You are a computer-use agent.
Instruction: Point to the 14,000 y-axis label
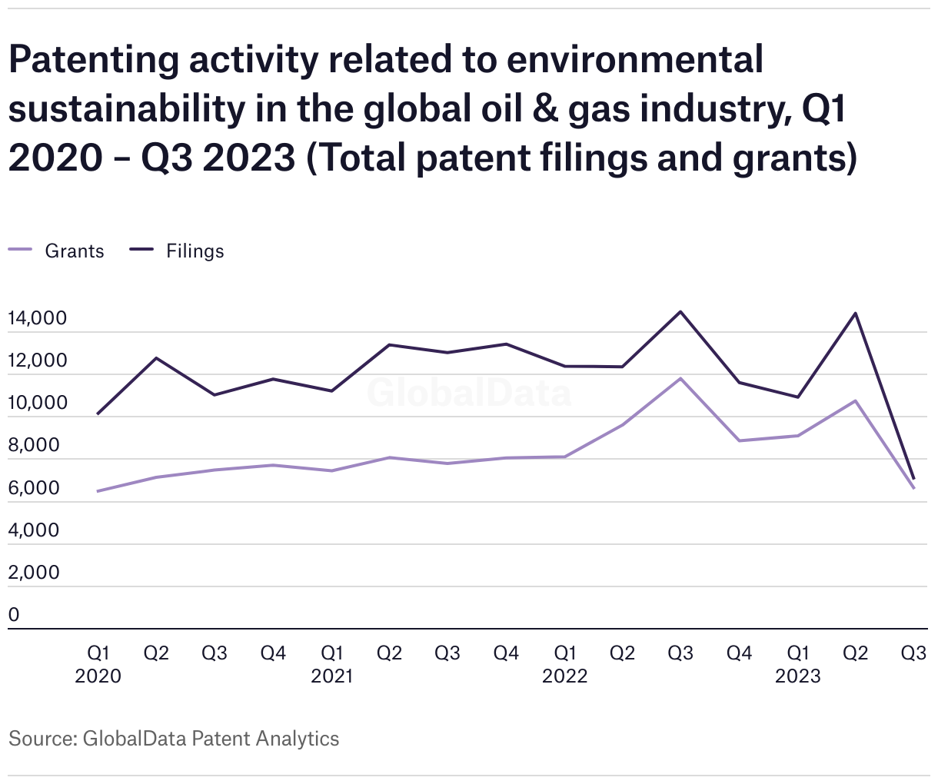38,318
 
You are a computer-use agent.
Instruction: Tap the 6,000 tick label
34,488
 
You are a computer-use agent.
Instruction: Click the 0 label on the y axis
14,615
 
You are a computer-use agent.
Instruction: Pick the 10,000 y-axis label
38,403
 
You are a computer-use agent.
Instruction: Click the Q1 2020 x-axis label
98,664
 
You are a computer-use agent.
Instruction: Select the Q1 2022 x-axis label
565,664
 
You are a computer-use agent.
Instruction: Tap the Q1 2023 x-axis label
798,664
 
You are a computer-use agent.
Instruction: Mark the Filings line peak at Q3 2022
680,311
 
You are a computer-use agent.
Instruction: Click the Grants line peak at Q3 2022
680,378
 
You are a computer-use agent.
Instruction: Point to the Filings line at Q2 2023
855,313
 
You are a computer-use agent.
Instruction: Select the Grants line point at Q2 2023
855,400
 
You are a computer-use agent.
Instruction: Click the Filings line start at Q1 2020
98,414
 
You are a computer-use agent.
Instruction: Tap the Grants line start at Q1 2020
98,491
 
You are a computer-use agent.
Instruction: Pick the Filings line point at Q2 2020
157,358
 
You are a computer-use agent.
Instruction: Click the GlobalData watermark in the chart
469,393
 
